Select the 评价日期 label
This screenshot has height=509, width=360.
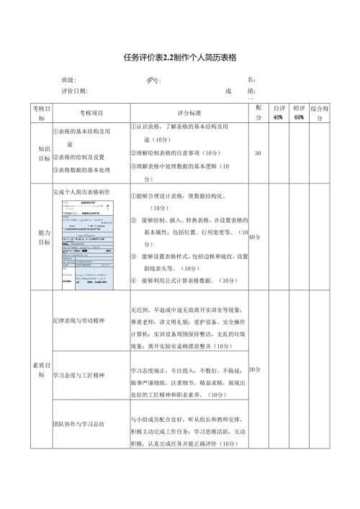[74, 91]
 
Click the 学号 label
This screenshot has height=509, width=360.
[154, 81]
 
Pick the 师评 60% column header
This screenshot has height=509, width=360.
[299, 112]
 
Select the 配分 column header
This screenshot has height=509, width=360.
[258, 112]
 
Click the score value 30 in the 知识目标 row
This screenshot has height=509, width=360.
[258, 153]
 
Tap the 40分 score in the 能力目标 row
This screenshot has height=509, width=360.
[255, 237]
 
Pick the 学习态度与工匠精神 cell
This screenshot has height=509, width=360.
[79, 375]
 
